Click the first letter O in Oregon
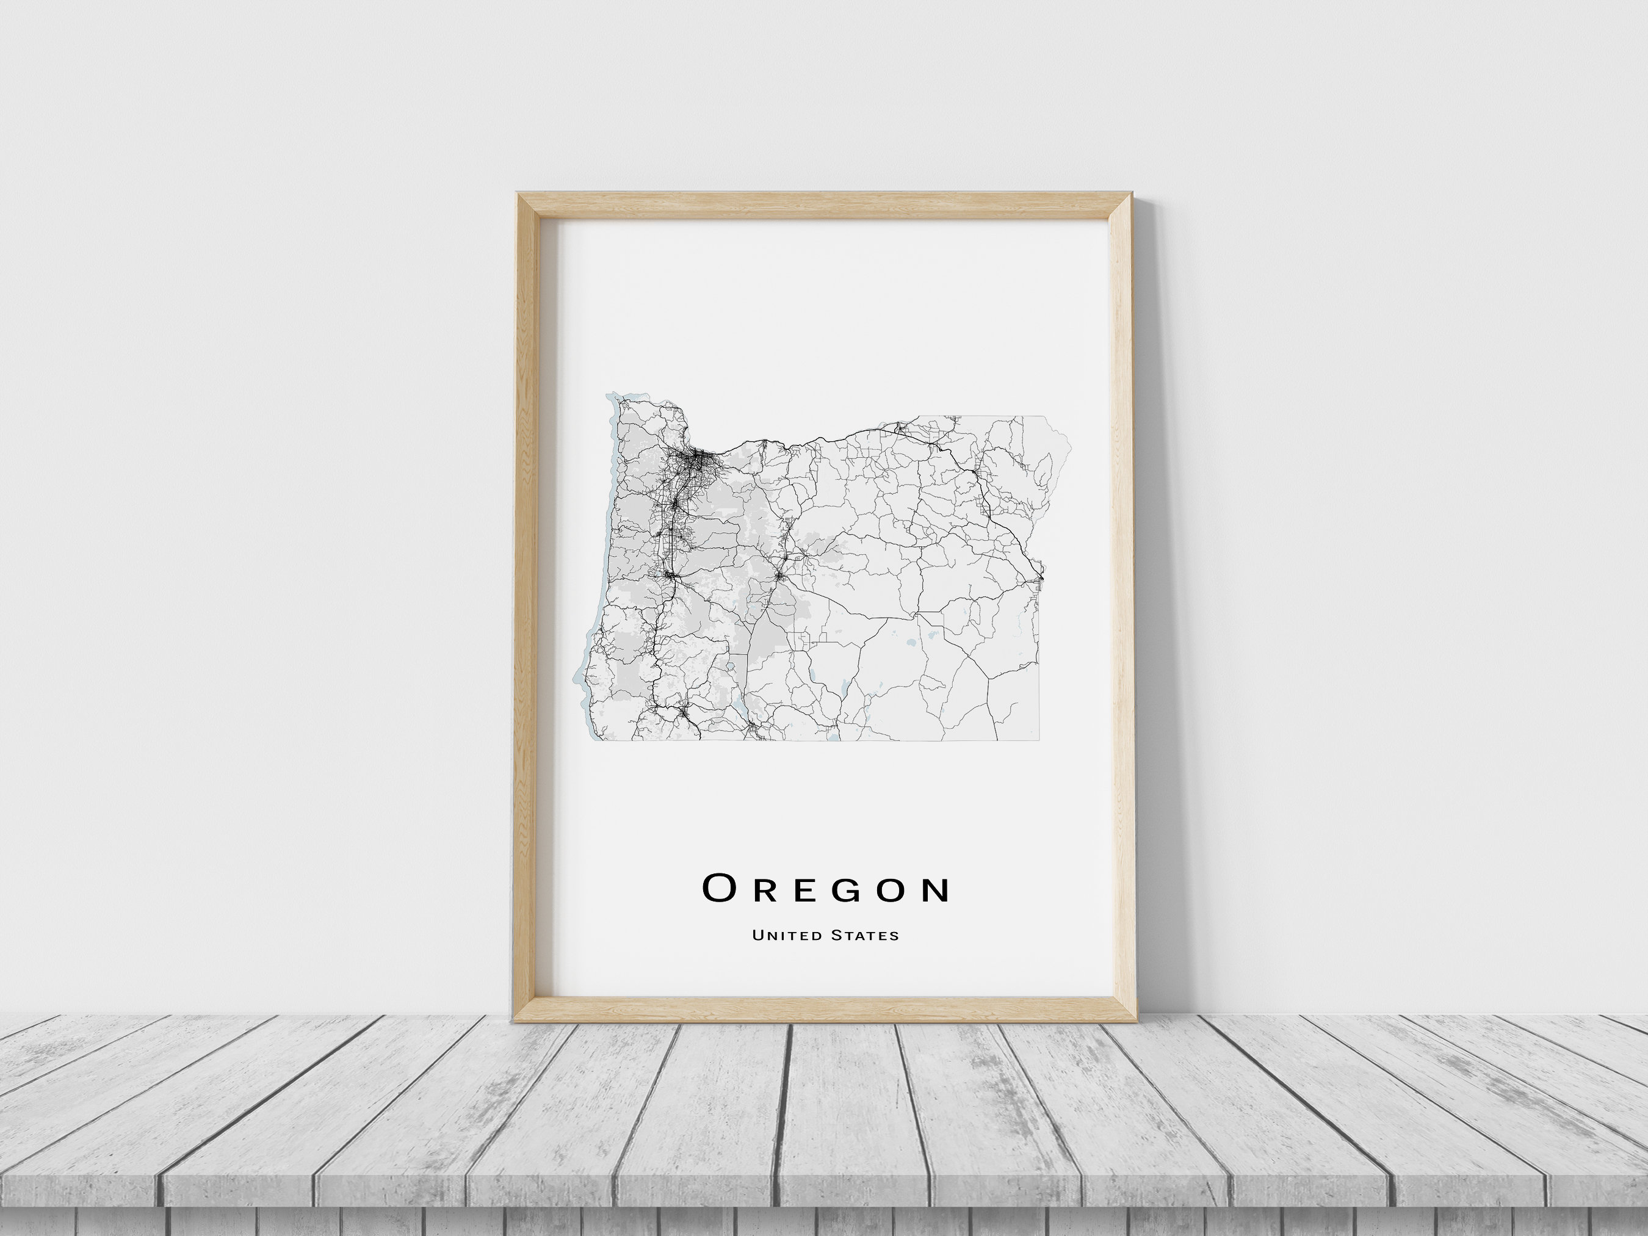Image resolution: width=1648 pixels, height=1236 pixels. pos(719,888)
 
